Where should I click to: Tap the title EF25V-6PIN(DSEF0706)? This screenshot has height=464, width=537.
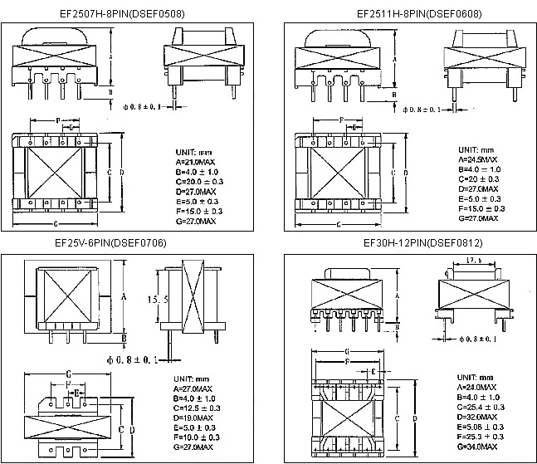pos(134,244)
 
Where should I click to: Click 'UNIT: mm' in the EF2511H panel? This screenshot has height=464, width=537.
pos(476,148)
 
